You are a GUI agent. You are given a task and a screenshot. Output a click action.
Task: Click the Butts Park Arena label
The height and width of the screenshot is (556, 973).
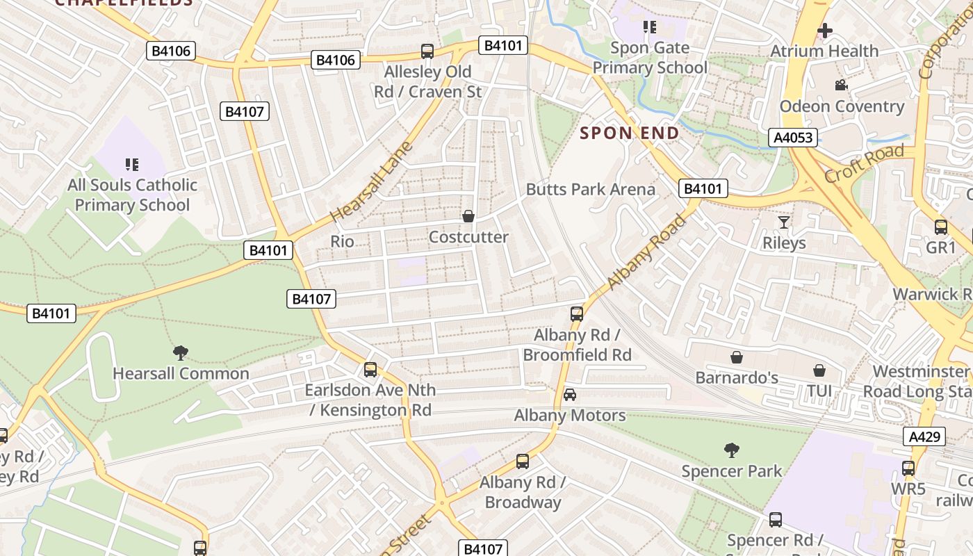pyautogui.click(x=590, y=189)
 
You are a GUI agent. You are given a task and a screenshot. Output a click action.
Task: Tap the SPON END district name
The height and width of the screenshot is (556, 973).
pyautogui.click(x=629, y=133)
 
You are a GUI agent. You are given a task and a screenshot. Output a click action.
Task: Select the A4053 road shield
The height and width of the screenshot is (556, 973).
pyautogui.click(x=793, y=137)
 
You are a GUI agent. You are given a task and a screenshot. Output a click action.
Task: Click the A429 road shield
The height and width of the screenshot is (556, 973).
pyautogui.click(x=924, y=436)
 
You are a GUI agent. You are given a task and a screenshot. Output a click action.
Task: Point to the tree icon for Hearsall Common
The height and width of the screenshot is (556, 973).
pyautogui.click(x=181, y=353)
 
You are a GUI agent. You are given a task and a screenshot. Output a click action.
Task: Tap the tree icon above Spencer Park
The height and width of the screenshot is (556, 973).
pyautogui.click(x=731, y=450)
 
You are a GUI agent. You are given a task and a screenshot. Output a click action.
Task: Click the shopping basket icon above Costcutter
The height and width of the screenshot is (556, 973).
pyautogui.click(x=468, y=216)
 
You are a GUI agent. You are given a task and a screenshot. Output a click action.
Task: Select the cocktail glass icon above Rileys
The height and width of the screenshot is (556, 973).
pyautogui.click(x=784, y=222)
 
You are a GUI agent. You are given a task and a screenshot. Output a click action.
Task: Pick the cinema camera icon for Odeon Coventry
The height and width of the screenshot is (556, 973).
pyautogui.click(x=841, y=85)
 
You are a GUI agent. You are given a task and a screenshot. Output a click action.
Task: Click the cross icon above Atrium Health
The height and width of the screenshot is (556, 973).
pyautogui.click(x=825, y=31)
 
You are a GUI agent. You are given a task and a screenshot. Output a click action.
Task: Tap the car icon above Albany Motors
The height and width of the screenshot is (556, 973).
pyautogui.click(x=569, y=395)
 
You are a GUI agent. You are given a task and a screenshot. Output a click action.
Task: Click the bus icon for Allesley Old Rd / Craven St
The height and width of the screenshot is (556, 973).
pyautogui.click(x=427, y=51)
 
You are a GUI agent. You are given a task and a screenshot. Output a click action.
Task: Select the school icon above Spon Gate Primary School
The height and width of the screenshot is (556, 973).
pyautogui.click(x=650, y=27)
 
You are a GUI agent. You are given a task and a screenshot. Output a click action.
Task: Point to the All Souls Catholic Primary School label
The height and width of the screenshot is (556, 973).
pyautogui.click(x=132, y=195)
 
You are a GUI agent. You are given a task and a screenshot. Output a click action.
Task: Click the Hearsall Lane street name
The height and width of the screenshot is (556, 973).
pyautogui.click(x=371, y=182)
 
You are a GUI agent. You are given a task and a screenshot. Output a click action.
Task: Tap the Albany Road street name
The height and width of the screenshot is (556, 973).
pyautogui.click(x=646, y=252)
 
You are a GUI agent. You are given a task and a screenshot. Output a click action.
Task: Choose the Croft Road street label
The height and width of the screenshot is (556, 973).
pyautogui.click(x=864, y=163)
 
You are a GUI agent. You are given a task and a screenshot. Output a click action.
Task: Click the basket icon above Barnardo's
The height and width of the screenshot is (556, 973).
pyautogui.click(x=737, y=357)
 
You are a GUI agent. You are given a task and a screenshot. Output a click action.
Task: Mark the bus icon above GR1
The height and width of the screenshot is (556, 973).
pyautogui.click(x=941, y=227)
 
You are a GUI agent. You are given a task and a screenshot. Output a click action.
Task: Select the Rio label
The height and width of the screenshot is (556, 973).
pyautogui.click(x=342, y=241)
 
